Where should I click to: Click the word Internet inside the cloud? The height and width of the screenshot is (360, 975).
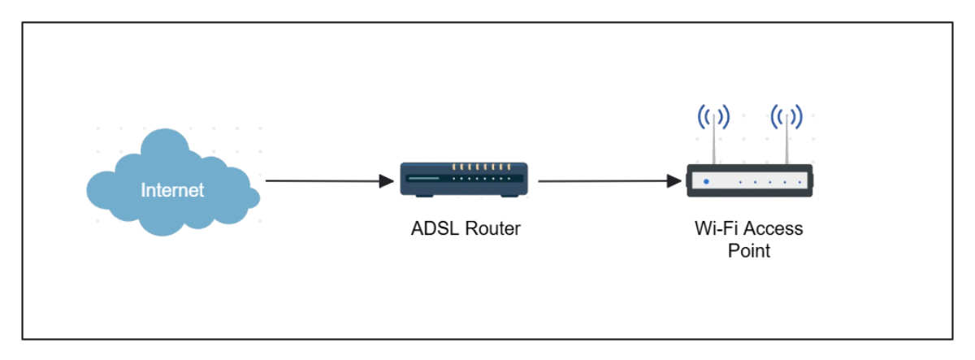click(x=172, y=190)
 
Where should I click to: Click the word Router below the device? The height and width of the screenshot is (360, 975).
click(x=491, y=229)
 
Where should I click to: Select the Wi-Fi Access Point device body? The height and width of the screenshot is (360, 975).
click(x=748, y=180)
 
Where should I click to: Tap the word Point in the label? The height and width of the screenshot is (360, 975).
click(x=747, y=250)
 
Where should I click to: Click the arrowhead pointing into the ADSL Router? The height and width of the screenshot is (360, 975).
click(x=387, y=180)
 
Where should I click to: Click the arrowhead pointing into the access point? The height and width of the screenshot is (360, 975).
click(x=674, y=180)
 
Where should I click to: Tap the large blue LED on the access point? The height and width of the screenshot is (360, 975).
click(x=705, y=180)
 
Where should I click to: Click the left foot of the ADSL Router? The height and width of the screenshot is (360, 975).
click(x=423, y=195)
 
